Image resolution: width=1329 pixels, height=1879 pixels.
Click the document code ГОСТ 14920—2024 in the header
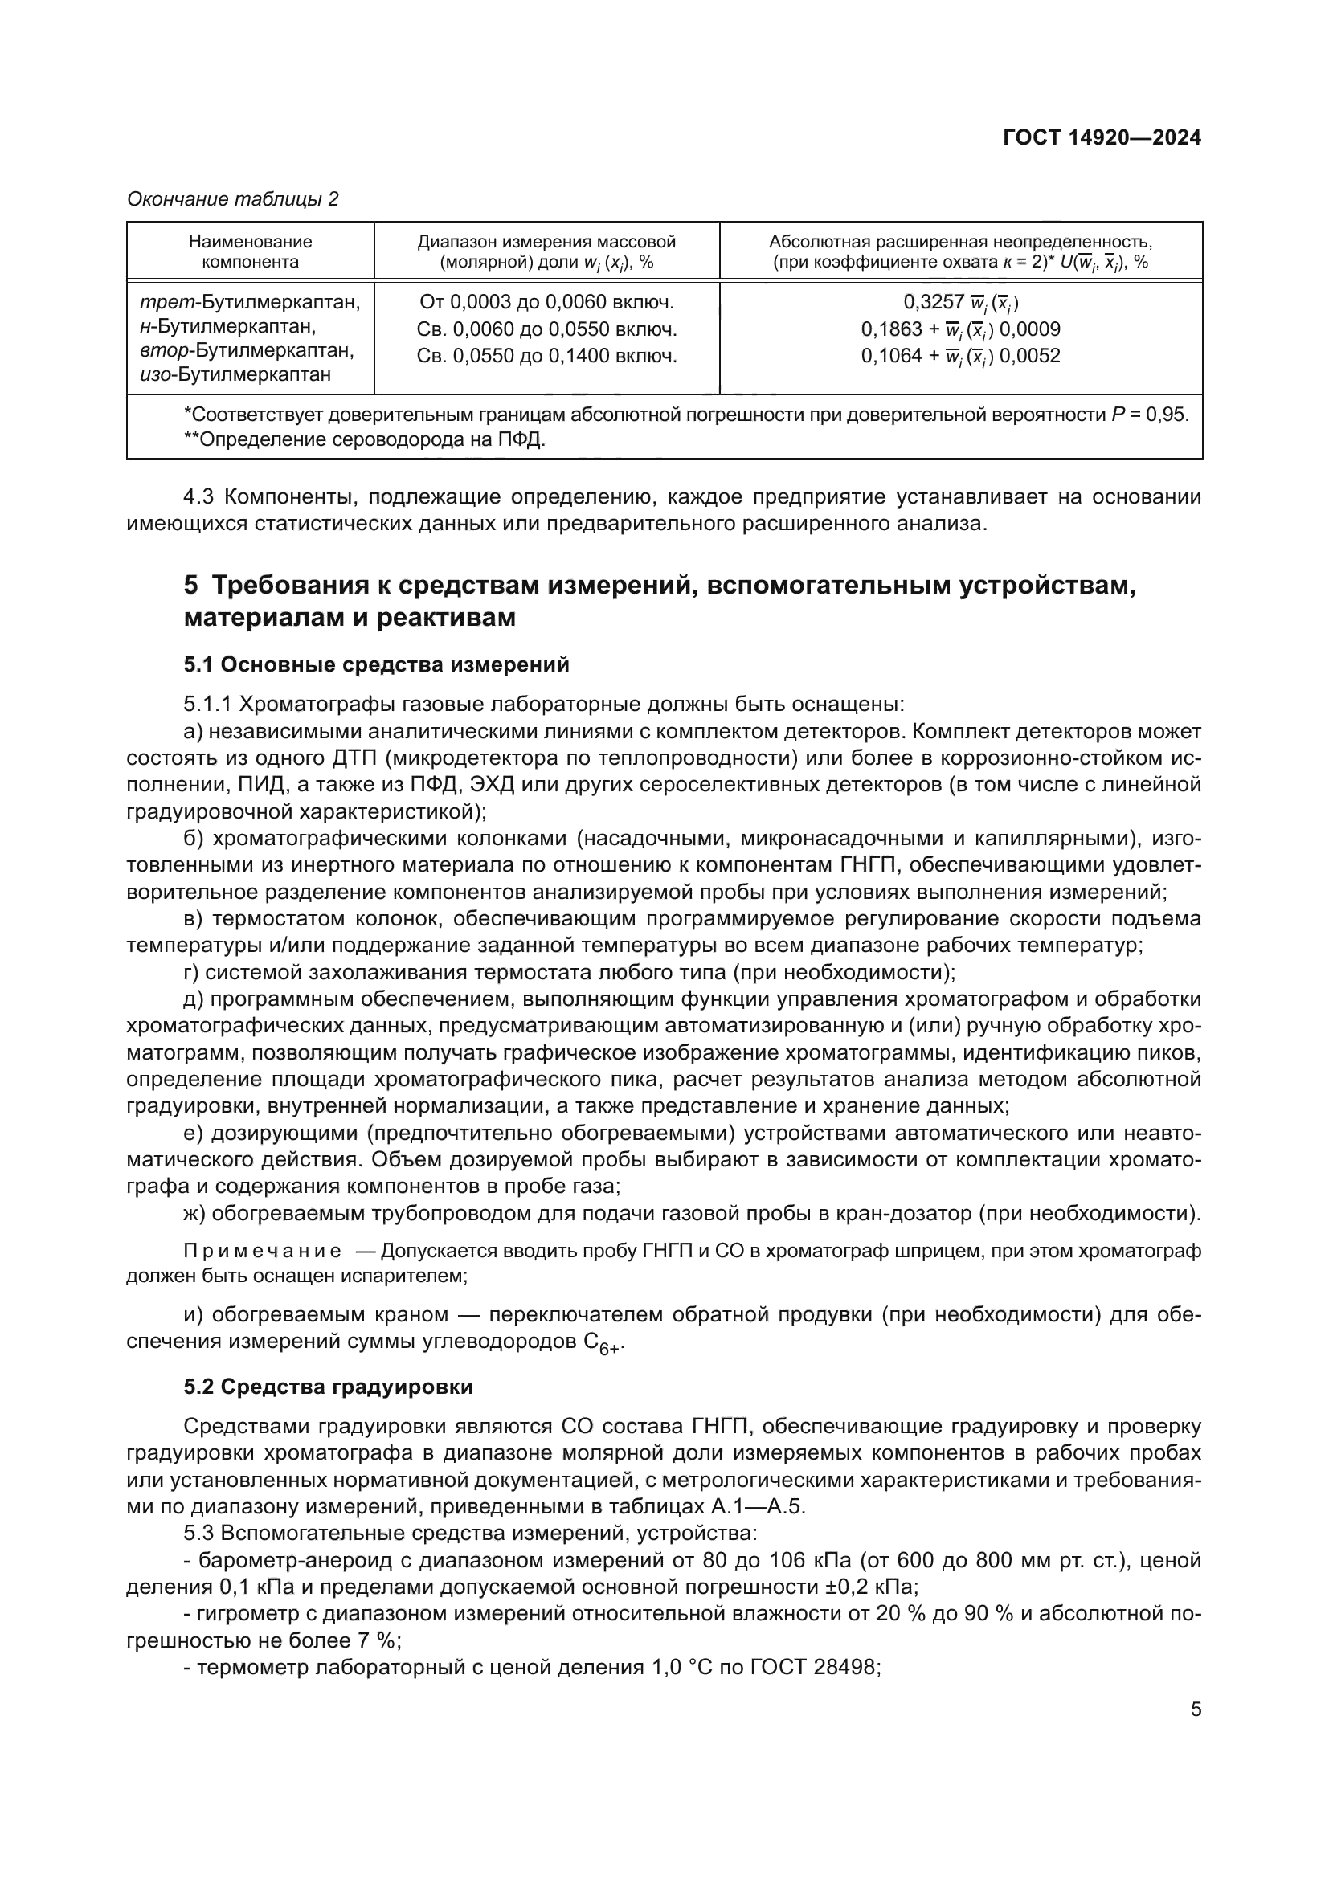(1102, 137)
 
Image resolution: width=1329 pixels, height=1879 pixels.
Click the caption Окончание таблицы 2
(232, 199)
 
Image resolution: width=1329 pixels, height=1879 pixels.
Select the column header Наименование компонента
(251, 251)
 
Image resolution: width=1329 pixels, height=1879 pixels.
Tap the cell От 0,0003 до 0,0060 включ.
(546, 302)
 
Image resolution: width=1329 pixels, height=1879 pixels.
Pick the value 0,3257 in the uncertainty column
(934, 302)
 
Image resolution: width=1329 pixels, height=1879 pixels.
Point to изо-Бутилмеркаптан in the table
(235, 375)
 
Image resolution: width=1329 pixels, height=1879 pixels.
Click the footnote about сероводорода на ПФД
(364, 439)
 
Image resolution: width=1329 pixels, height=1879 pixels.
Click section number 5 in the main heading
(190, 586)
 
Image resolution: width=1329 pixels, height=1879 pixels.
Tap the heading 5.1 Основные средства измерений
(376, 664)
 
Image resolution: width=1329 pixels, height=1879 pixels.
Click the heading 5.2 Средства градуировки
(328, 1387)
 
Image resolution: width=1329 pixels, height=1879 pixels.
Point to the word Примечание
(262, 1251)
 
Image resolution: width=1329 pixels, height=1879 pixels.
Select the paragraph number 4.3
(200, 496)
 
